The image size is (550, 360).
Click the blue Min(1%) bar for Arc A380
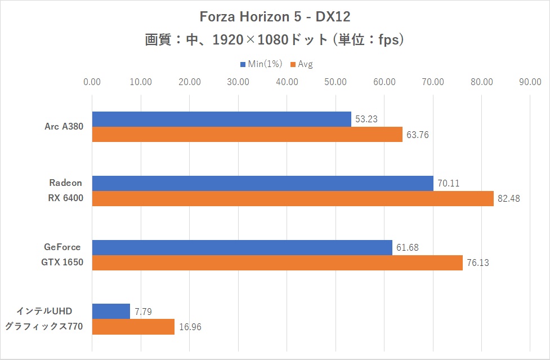[221, 119]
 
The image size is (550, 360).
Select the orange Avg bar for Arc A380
[247, 134]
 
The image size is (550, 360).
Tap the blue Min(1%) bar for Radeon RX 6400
[262, 183]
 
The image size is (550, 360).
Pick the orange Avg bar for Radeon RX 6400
[293, 198]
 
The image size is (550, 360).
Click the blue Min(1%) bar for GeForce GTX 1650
[242, 247]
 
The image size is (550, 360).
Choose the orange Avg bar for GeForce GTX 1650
[277, 263]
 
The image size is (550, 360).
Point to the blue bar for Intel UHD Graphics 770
[111, 312]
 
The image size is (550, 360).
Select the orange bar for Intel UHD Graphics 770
[133, 327]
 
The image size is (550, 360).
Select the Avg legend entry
[302, 64]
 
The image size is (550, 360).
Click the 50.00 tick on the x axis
[336, 82]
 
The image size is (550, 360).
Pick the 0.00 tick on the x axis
[92, 82]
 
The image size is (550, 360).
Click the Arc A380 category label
[64, 127]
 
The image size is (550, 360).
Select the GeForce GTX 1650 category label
[61, 255]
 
